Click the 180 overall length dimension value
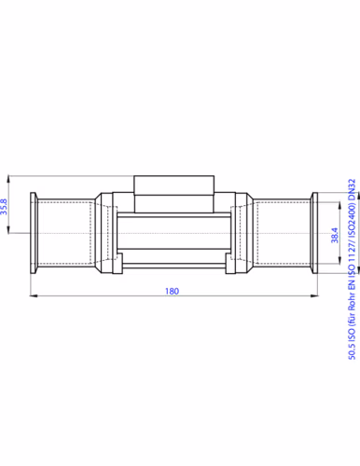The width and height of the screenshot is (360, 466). click(x=172, y=291)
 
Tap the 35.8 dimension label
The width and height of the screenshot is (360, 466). click(x=4, y=207)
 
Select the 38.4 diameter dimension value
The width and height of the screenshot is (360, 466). click(x=335, y=235)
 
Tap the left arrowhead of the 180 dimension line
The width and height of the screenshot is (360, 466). click(x=34, y=295)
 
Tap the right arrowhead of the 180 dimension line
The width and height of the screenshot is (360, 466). click(x=314, y=295)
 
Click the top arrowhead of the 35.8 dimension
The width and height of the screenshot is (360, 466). click(x=8, y=180)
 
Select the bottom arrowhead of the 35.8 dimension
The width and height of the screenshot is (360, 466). click(x=8, y=229)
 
